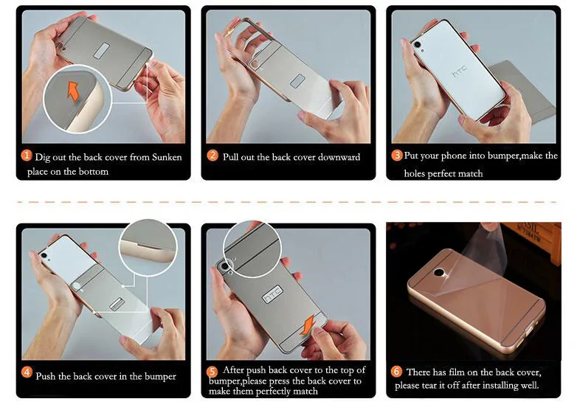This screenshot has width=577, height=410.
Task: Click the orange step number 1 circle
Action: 26,155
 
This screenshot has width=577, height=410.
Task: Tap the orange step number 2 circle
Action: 213,156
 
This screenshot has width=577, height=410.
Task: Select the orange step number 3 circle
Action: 397,155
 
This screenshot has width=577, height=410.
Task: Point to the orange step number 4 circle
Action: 27,372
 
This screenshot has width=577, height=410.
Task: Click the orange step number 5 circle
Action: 212,372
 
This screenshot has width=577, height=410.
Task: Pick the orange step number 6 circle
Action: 396,372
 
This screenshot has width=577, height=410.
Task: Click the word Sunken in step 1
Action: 167,157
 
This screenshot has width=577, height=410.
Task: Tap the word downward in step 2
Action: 339,157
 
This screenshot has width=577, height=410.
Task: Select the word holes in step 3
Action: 415,173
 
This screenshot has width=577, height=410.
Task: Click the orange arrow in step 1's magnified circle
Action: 73,91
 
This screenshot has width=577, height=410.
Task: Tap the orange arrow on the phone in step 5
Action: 308,324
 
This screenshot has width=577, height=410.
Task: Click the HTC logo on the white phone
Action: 459,71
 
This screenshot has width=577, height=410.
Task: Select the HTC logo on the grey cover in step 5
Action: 273,294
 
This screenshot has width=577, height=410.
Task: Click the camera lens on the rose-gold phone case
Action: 439,273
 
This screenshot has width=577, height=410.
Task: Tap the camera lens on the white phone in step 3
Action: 418,44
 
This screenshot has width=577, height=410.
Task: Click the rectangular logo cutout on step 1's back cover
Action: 102,51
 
